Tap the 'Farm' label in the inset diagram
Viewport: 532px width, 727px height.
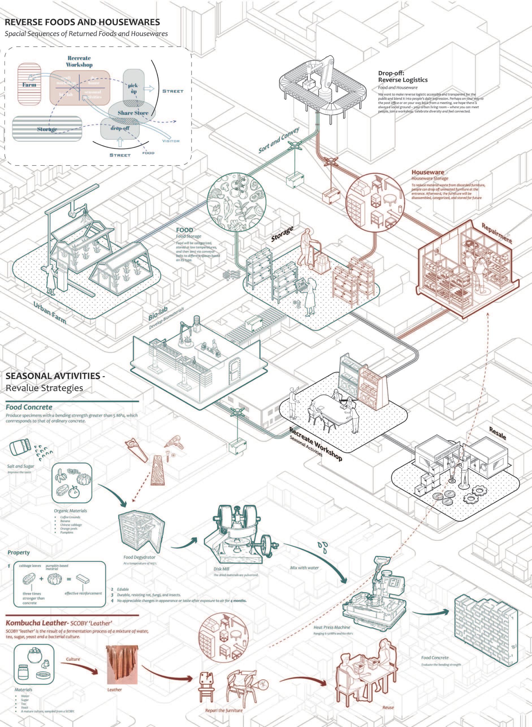pyautogui.click(x=29, y=85)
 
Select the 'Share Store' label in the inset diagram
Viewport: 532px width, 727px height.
pyautogui.click(x=133, y=113)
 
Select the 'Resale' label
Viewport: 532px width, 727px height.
pyautogui.click(x=498, y=433)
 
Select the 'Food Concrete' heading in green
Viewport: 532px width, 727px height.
pyautogui.click(x=29, y=407)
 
